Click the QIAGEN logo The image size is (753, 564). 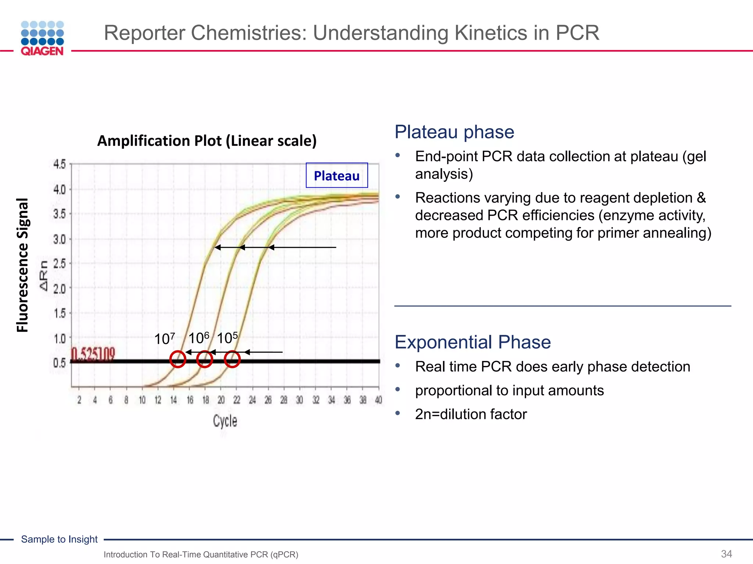point(42,38)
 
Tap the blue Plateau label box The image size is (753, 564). point(336,176)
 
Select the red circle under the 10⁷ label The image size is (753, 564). point(178,359)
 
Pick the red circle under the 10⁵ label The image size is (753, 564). point(232,359)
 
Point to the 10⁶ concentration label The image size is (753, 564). point(199,337)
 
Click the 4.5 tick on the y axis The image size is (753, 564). point(60,164)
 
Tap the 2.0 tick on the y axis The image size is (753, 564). point(60,289)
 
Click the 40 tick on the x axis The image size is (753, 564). point(378,400)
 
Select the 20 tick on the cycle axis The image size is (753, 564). point(221,400)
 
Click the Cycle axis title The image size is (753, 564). point(225,421)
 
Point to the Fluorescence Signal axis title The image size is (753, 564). point(22,265)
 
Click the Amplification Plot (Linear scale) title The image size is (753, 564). point(207,141)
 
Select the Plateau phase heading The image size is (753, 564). point(454,132)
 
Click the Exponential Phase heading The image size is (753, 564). point(472,342)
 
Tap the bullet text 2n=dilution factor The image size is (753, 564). point(471,414)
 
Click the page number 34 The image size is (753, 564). point(726,554)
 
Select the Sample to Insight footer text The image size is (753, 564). point(59,539)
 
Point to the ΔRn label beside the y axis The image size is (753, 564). point(44,275)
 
